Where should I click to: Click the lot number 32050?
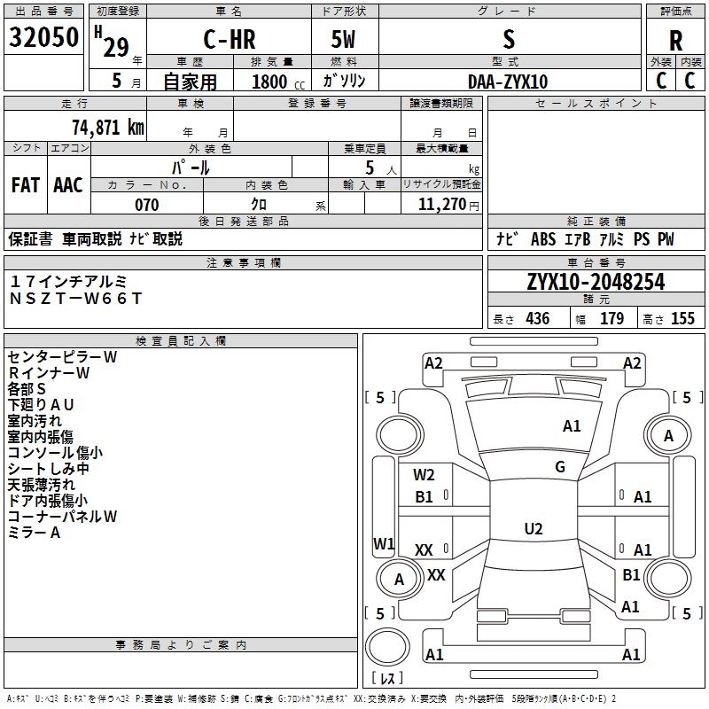43,37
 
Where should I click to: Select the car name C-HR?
230,39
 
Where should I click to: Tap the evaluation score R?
675,41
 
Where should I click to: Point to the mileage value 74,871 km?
108,128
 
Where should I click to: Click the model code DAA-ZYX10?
508,82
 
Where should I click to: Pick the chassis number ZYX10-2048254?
596,282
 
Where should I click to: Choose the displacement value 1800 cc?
278,82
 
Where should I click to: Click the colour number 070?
147,205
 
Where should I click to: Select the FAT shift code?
26,185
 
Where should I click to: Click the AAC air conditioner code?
68,185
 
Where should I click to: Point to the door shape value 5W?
343,39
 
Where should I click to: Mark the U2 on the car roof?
534,528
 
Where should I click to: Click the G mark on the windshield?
560,466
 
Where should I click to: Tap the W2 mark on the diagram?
424,475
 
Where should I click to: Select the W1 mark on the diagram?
384,543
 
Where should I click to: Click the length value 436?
538,318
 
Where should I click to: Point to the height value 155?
682,318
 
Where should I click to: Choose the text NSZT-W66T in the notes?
76,299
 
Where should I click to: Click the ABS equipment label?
543,239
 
